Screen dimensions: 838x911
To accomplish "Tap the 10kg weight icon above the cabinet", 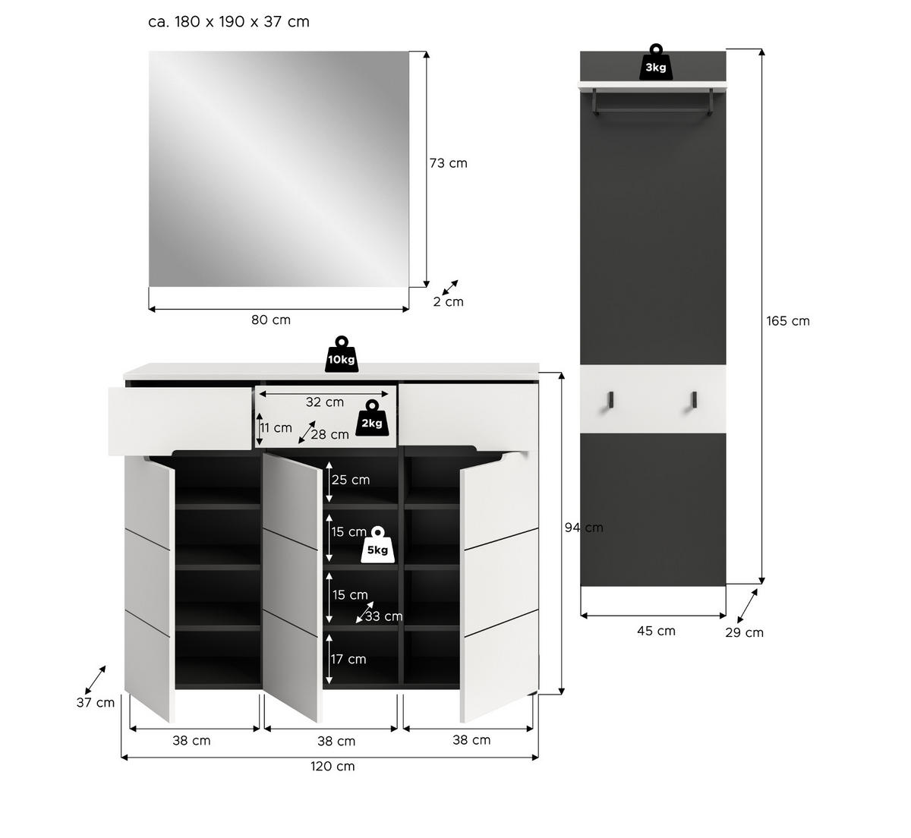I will click(x=342, y=355).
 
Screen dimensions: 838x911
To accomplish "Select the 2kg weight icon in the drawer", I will click(x=371, y=419).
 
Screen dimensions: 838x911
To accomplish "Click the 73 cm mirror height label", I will click(x=448, y=163).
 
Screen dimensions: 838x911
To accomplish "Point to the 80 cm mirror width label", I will click(x=271, y=320).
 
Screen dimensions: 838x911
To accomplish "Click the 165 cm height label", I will click(x=787, y=321).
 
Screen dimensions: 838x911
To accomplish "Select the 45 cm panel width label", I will click(x=656, y=631).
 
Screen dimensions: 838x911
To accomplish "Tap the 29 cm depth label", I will click(x=744, y=633).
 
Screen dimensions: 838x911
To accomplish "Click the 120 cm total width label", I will click(x=333, y=767).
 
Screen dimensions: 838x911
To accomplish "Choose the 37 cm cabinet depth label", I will click(x=96, y=703).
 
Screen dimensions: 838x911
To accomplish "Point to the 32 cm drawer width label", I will click(x=324, y=402).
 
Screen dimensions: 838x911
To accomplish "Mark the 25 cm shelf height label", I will click(x=350, y=480).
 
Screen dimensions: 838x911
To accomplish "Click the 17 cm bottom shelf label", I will click(x=348, y=659).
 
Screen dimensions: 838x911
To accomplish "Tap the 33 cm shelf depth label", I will click(x=383, y=616).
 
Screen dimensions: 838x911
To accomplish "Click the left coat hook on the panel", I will click(x=610, y=400).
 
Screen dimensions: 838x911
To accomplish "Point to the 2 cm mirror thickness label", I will click(x=448, y=302).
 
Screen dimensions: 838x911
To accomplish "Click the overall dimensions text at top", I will click(x=229, y=22).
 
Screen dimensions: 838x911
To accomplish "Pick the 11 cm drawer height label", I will click(x=276, y=428).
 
